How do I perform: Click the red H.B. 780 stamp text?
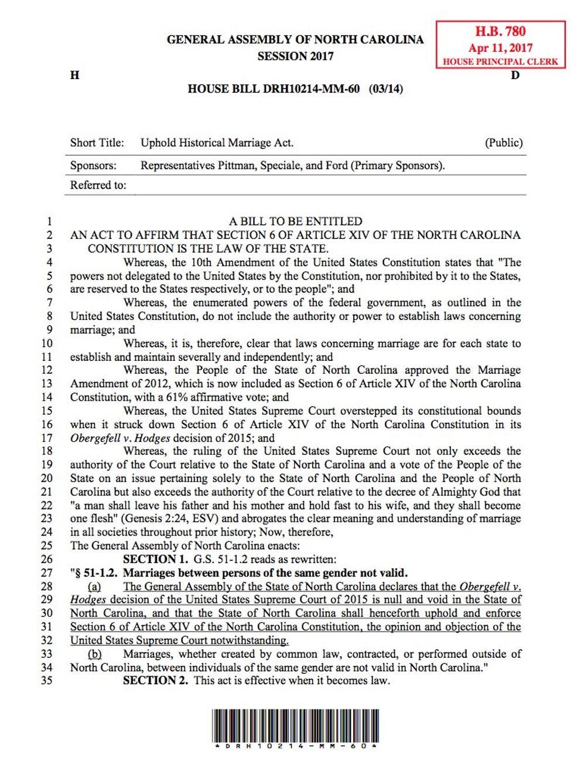point(500,32)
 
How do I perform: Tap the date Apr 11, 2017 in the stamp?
point(500,48)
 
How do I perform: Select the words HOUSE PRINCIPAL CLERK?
point(500,62)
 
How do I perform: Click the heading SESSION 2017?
point(295,56)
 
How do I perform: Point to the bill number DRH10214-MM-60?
point(311,89)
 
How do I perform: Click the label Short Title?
point(97,142)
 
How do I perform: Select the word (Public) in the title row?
point(504,142)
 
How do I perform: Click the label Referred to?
point(98,185)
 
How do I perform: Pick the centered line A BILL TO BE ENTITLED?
point(295,221)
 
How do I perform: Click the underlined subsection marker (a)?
point(94,586)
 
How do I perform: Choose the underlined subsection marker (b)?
point(94,654)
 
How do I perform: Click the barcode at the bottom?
point(295,726)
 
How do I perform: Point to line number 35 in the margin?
point(46,681)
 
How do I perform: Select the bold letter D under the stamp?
point(515,75)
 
